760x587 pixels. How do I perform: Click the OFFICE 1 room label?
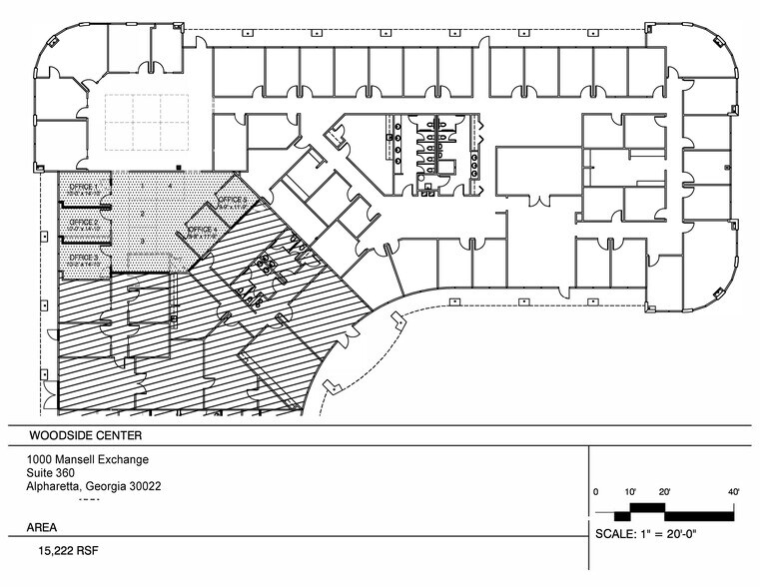[82, 187]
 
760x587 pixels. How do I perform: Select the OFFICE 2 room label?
[82, 222]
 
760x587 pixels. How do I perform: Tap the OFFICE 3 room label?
[82, 257]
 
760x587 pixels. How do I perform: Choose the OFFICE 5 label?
[232, 201]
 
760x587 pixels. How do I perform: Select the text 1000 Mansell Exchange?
[89, 459]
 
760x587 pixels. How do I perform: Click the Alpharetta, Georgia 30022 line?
[95, 487]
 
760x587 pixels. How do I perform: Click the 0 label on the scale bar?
[596, 492]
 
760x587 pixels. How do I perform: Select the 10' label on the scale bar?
[631, 492]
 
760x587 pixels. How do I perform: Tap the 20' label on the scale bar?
[663, 492]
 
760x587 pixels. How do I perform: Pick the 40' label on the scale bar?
[733, 492]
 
